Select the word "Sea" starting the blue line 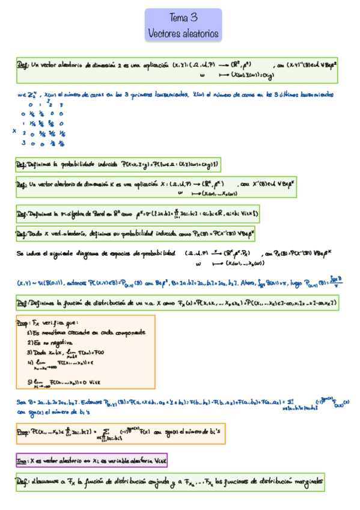click(x=19, y=401)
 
